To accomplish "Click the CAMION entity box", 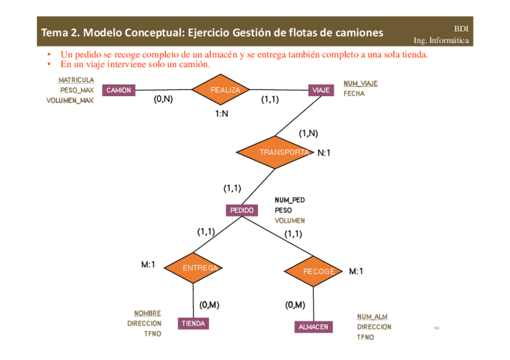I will (x=118, y=90).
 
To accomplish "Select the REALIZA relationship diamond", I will (x=225, y=90).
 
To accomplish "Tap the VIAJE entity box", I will (x=321, y=90).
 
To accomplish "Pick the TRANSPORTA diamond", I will (x=275, y=152).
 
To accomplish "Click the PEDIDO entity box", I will (x=242, y=210).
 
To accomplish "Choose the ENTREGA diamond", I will (x=192, y=268).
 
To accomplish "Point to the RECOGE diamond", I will (x=314, y=271).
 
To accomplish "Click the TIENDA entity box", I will (x=194, y=323).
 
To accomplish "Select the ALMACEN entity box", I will (x=313, y=327).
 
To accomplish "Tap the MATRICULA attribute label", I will (x=76, y=80).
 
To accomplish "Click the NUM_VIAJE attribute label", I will (x=360, y=84).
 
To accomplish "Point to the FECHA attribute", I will (x=354, y=94).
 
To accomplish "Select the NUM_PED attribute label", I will (x=289, y=200).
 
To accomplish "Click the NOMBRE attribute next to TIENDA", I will (x=147, y=313).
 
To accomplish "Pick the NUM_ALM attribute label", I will (x=372, y=317).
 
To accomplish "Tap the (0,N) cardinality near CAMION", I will (x=162, y=99).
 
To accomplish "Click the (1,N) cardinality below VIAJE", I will (x=308, y=133).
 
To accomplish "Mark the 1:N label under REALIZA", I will (x=221, y=113).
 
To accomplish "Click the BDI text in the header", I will (x=461, y=28).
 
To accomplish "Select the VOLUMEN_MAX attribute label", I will (x=70, y=100).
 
